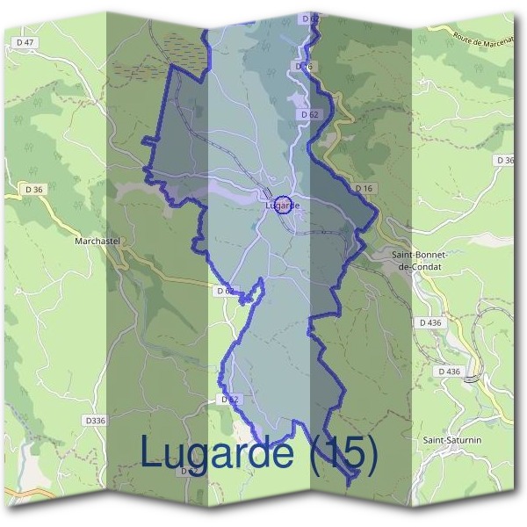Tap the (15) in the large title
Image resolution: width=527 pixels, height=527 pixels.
[x=340, y=453]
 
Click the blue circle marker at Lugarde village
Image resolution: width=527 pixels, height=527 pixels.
[x=283, y=205]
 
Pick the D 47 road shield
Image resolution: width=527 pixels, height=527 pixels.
[x=26, y=42]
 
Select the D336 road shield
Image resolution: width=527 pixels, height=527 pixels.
[x=95, y=421]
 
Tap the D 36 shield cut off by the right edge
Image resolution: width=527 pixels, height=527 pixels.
[x=504, y=160]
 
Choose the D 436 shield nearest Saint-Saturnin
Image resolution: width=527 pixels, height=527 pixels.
[x=448, y=372]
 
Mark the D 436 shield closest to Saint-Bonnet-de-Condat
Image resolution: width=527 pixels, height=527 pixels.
[x=430, y=322]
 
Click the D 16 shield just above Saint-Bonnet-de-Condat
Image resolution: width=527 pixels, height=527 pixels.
[x=365, y=189]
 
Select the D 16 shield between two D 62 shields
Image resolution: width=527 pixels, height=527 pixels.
[x=305, y=67]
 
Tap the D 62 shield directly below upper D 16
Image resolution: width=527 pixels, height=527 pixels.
[x=308, y=114]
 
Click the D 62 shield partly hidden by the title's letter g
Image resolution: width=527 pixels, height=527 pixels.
[x=228, y=400]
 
